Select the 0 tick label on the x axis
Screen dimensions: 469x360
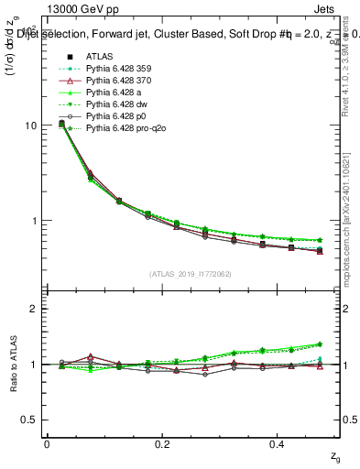47,443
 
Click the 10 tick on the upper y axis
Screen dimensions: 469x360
30,125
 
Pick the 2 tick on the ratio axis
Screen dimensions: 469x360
34,309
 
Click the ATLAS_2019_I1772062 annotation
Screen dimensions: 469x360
192,274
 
